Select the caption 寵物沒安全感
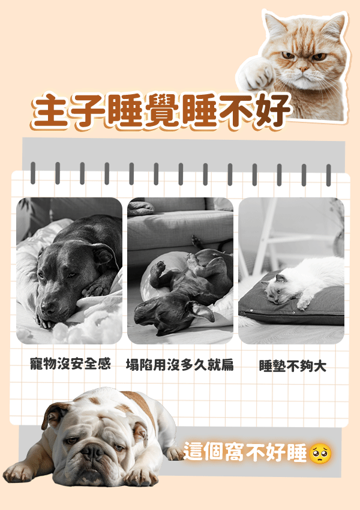(x=71, y=364)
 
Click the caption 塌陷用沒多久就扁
(x=179, y=365)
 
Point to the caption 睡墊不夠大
(x=292, y=365)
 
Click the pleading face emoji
(x=320, y=454)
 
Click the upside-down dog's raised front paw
(x=158, y=268)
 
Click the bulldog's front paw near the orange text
(x=173, y=453)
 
